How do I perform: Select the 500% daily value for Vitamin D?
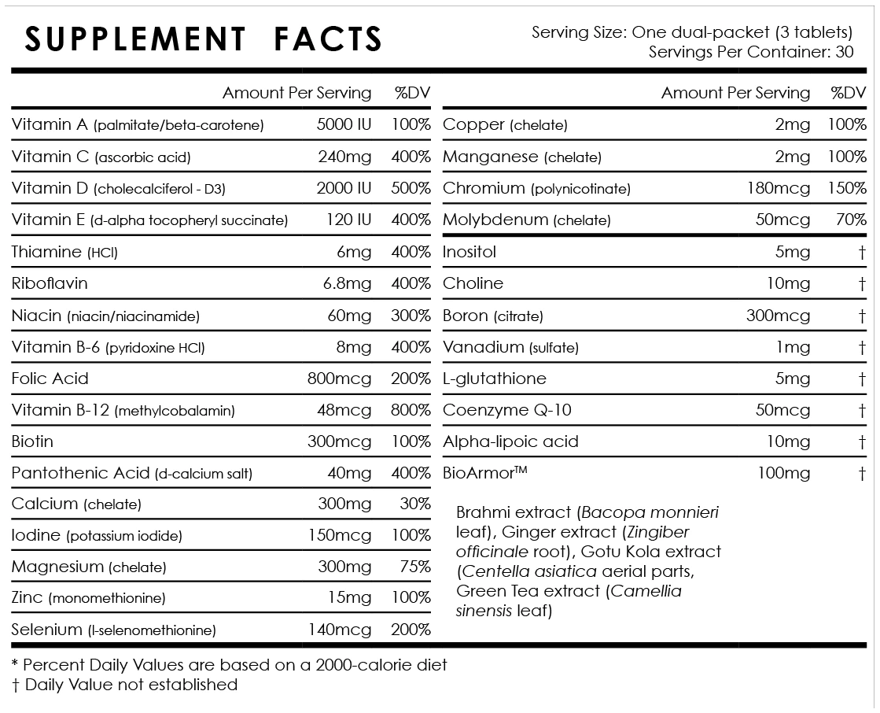[x=411, y=188]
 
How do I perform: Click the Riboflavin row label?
[x=50, y=283]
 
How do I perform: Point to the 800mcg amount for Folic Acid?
[x=339, y=379]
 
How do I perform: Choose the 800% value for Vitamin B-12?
[x=411, y=410]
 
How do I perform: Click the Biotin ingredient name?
[x=32, y=441]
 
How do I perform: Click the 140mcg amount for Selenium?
[x=339, y=630]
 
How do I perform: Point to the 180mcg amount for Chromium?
[x=778, y=188]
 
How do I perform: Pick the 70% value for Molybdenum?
[x=851, y=220]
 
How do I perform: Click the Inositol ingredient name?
[x=469, y=252]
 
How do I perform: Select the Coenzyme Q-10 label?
[x=507, y=410]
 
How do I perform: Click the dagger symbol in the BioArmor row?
[x=862, y=473]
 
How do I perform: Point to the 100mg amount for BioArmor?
[x=782, y=473]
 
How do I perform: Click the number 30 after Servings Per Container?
[x=844, y=52]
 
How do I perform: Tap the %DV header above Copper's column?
[x=848, y=93]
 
